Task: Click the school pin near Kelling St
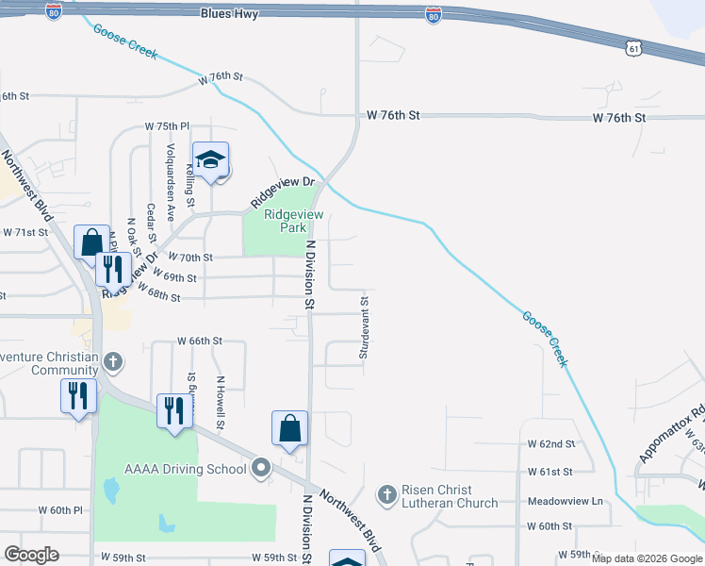[x=211, y=159]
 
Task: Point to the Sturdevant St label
[x=364, y=327]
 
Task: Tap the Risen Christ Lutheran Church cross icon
[x=386, y=494]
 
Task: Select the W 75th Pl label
[x=167, y=125]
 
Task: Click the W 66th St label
[x=200, y=341]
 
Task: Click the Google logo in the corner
[x=31, y=555]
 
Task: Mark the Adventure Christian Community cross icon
[x=113, y=362]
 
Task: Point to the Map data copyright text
[x=647, y=559]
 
